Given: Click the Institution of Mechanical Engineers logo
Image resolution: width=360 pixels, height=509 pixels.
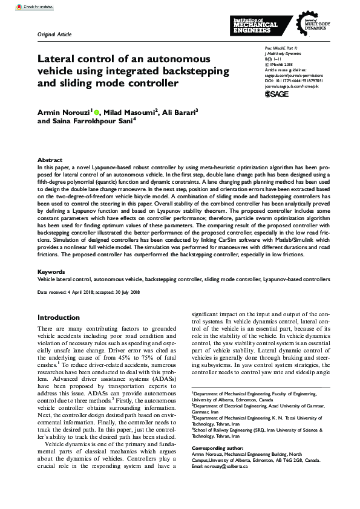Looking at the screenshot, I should (x=255, y=24).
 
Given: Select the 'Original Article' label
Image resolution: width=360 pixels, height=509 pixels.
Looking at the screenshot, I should (x=54, y=34).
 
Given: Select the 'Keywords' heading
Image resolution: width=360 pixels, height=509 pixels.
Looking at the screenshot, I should (x=51, y=272).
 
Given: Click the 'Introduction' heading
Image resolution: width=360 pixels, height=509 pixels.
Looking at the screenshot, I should (x=62, y=317).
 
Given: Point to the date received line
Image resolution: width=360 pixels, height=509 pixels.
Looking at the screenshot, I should (x=89, y=293).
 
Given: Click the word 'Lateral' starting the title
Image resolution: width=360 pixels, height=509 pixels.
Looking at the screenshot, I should (x=55, y=59).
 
